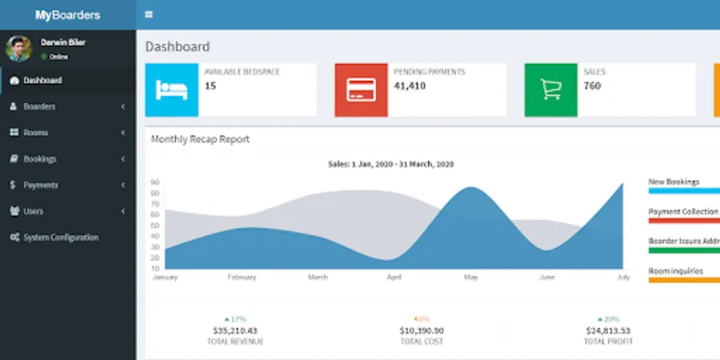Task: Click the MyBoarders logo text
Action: point(68,14)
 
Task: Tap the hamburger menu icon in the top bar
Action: point(149,14)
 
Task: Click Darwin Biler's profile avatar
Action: point(19,49)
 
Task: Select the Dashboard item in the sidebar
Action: point(42,80)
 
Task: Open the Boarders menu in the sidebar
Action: point(39,106)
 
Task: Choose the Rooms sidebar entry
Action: point(35,133)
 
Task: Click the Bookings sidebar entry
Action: point(39,159)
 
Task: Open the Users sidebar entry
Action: point(33,211)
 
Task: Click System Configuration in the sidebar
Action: point(61,238)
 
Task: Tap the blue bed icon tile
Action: point(171,90)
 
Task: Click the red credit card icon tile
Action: point(361,90)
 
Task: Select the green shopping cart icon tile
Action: point(550,90)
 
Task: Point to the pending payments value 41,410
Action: point(410,86)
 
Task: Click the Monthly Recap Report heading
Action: point(200,139)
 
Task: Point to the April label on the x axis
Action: point(394,278)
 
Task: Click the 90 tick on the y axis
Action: point(155,182)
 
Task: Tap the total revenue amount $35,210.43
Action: point(235,330)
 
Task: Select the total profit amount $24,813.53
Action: point(608,330)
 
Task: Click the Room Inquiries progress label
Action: point(675,271)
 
